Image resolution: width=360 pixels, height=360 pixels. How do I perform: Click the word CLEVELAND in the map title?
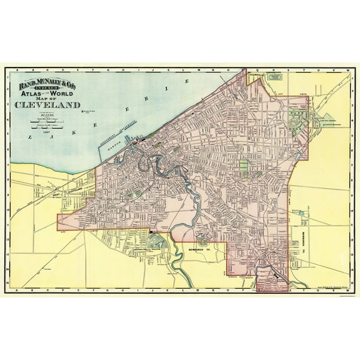coord(47,104)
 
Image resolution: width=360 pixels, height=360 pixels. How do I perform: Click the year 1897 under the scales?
coord(46,132)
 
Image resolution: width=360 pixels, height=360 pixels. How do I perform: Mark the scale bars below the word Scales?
coord(47,123)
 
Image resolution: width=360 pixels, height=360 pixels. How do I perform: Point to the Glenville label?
coord(255,74)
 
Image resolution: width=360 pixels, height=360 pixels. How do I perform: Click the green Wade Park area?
coord(297,116)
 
